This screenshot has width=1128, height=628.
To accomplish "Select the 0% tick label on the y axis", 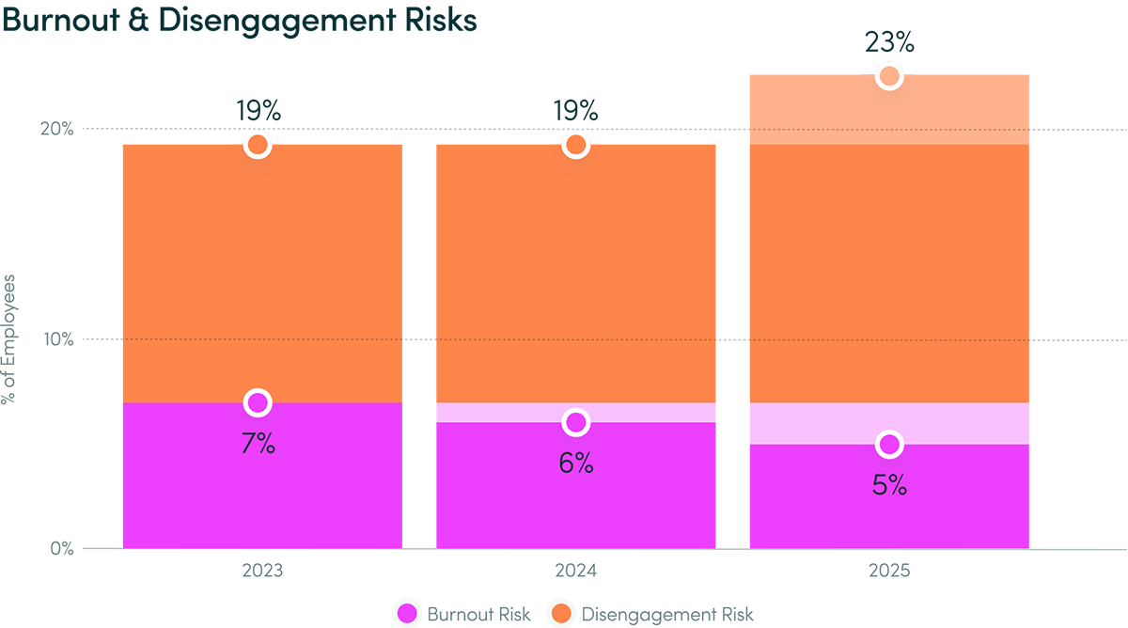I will [62, 549].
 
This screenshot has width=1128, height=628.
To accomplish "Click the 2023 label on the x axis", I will [262, 572].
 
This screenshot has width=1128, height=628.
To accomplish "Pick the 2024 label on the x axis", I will [576, 572].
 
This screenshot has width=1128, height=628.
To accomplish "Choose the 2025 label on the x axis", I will [888, 572].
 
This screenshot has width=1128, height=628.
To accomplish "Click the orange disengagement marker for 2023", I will [258, 145].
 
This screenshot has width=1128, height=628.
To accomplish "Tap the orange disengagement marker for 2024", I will [576, 145].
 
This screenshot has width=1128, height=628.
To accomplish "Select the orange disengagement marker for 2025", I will [889, 76].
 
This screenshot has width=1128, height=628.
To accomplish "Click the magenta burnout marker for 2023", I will [258, 403].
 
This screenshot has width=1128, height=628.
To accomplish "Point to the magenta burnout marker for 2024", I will [576, 423].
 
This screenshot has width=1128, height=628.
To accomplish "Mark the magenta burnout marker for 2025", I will [889, 444].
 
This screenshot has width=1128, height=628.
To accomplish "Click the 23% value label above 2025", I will [889, 42].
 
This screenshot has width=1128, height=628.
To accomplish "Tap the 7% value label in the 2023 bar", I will [258, 444].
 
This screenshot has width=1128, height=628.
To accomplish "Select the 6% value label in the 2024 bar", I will [576, 463].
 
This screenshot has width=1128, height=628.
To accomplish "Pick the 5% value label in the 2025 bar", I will [889, 485].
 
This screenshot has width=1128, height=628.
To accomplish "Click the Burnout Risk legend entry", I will [463, 615].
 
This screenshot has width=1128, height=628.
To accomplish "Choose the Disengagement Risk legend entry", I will [650, 615].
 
